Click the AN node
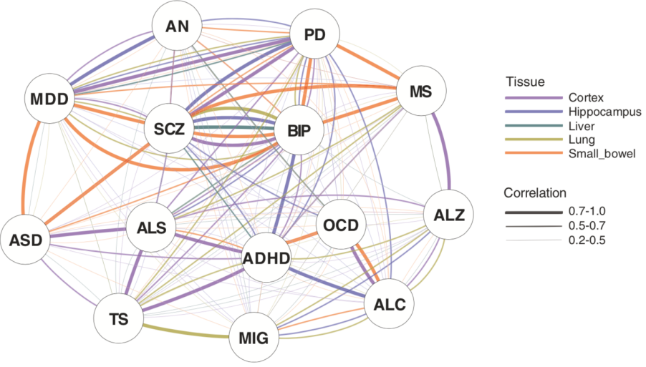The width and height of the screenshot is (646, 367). (176, 27)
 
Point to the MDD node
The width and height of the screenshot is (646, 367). (49, 98)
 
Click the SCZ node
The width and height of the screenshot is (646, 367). (169, 129)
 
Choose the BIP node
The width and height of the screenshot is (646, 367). (299, 131)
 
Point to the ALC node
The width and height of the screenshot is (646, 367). (390, 304)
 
